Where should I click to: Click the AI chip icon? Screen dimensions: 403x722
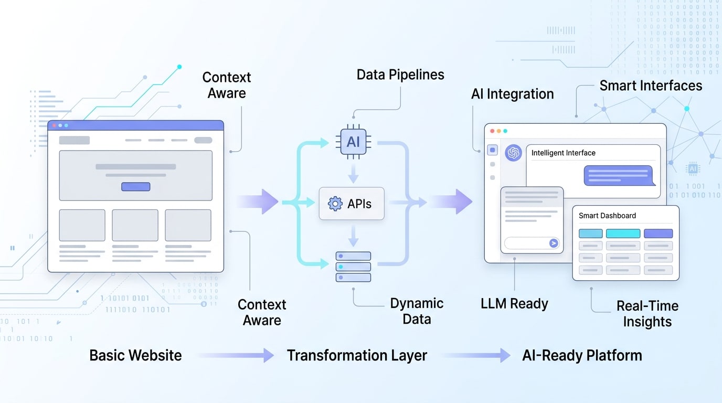click(353, 142)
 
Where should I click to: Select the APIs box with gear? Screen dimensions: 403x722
click(352, 204)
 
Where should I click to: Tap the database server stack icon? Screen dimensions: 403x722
click(353, 267)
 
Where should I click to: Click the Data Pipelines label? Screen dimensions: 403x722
click(400, 75)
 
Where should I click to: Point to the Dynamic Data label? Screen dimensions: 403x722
click(417, 311)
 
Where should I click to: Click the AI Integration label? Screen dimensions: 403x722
click(512, 94)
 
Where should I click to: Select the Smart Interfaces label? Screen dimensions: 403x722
click(651, 86)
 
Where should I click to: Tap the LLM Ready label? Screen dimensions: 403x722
click(514, 304)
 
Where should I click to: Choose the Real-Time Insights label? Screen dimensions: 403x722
click(647, 314)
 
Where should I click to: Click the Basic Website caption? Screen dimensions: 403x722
click(135, 355)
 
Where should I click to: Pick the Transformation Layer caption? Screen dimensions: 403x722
click(357, 355)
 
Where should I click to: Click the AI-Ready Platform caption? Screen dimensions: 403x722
click(582, 355)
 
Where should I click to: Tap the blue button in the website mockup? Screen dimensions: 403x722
click(135, 187)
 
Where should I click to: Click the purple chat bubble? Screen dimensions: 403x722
click(619, 175)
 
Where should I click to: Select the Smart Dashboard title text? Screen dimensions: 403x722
click(607, 216)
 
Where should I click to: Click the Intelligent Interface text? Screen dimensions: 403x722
click(563, 153)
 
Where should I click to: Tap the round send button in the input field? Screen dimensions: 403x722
click(553, 243)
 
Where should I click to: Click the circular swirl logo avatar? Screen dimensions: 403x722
click(513, 153)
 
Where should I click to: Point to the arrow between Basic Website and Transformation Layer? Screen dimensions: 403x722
click(236, 355)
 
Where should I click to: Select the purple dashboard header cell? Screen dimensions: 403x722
click(658, 234)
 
